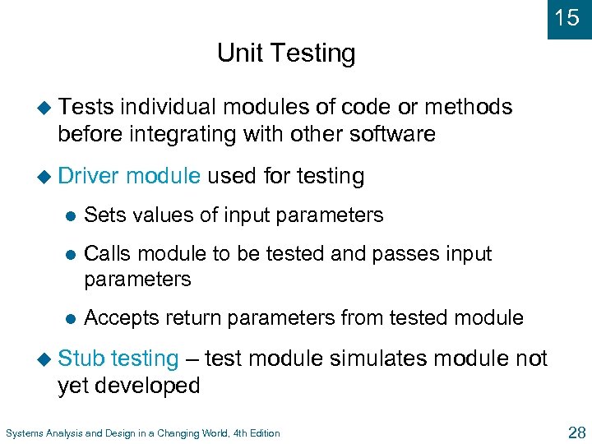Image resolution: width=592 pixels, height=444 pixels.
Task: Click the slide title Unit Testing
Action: [286, 53]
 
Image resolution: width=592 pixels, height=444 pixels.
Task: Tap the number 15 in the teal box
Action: [567, 17]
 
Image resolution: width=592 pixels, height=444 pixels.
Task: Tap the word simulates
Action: [378, 358]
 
